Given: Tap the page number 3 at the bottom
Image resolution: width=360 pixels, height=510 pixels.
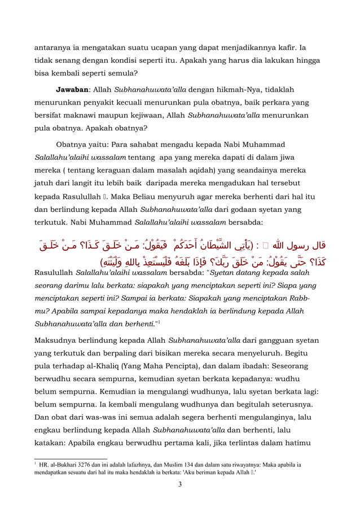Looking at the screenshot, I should tap(179, 484).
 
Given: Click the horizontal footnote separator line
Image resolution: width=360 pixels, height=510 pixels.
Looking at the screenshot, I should tap(71, 459).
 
